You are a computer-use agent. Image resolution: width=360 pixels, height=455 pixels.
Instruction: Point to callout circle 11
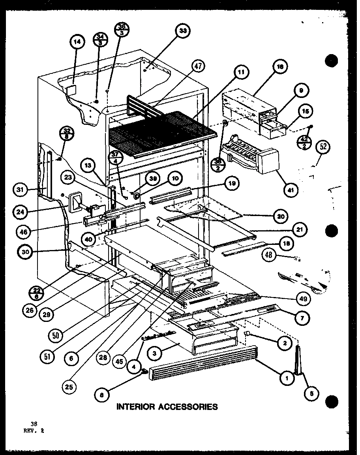click(241, 72)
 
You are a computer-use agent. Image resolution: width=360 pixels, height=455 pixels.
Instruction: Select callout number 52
click(324, 147)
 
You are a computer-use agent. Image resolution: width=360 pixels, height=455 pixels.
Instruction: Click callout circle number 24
click(20, 211)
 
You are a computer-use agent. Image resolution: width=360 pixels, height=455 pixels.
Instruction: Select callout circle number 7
click(302, 318)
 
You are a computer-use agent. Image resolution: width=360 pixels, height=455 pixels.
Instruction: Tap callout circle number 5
click(312, 393)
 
